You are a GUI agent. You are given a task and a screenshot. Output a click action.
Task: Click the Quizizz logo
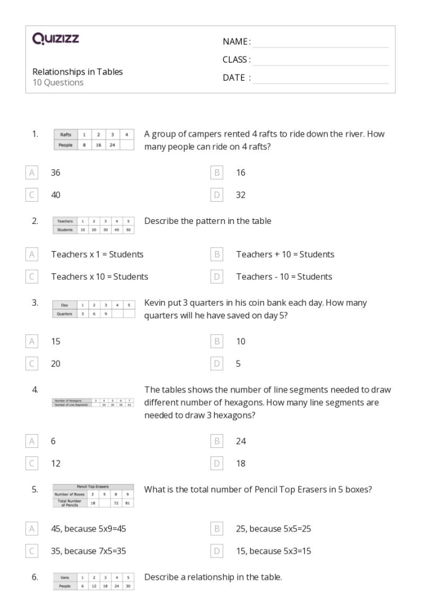pos(55,40)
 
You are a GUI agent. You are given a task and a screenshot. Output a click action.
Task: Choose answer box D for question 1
pos(218,195)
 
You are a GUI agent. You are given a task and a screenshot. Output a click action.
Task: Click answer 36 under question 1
pos(56,173)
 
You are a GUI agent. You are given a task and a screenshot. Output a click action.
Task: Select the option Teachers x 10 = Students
pos(99,277)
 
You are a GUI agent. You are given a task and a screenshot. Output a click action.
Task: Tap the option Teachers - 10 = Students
pos(284,277)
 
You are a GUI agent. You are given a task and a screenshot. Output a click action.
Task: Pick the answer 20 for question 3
pos(56,364)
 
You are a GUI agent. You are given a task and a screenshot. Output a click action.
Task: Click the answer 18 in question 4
pos(241,464)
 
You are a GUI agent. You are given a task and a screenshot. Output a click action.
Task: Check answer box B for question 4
pos(218,441)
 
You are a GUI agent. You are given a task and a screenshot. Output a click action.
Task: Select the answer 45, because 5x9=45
pos(88,529)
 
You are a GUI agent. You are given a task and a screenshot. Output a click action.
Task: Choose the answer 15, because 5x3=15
pos(273,551)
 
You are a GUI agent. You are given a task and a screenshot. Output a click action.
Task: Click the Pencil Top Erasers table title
pos(93,486)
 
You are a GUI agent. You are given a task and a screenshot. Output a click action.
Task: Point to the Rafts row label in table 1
pos(66,135)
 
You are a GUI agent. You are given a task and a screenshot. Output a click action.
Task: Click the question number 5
pos(35,489)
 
